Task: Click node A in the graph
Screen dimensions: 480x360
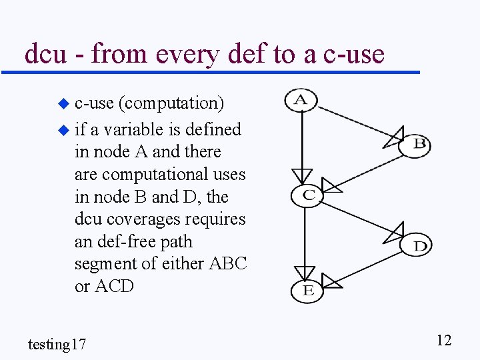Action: (301, 100)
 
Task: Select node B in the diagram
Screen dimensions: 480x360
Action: (415, 144)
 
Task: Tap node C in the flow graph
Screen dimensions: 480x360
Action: (307, 195)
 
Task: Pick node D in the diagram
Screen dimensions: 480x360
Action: (416, 245)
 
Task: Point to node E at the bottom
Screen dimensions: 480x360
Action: (307, 290)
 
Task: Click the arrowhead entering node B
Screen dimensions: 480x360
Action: (395, 136)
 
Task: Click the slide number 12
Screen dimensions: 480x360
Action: (444, 340)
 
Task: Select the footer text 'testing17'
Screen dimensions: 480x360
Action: (57, 344)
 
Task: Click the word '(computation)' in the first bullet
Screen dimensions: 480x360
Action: (171, 103)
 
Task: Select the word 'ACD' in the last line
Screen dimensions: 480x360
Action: (115, 287)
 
